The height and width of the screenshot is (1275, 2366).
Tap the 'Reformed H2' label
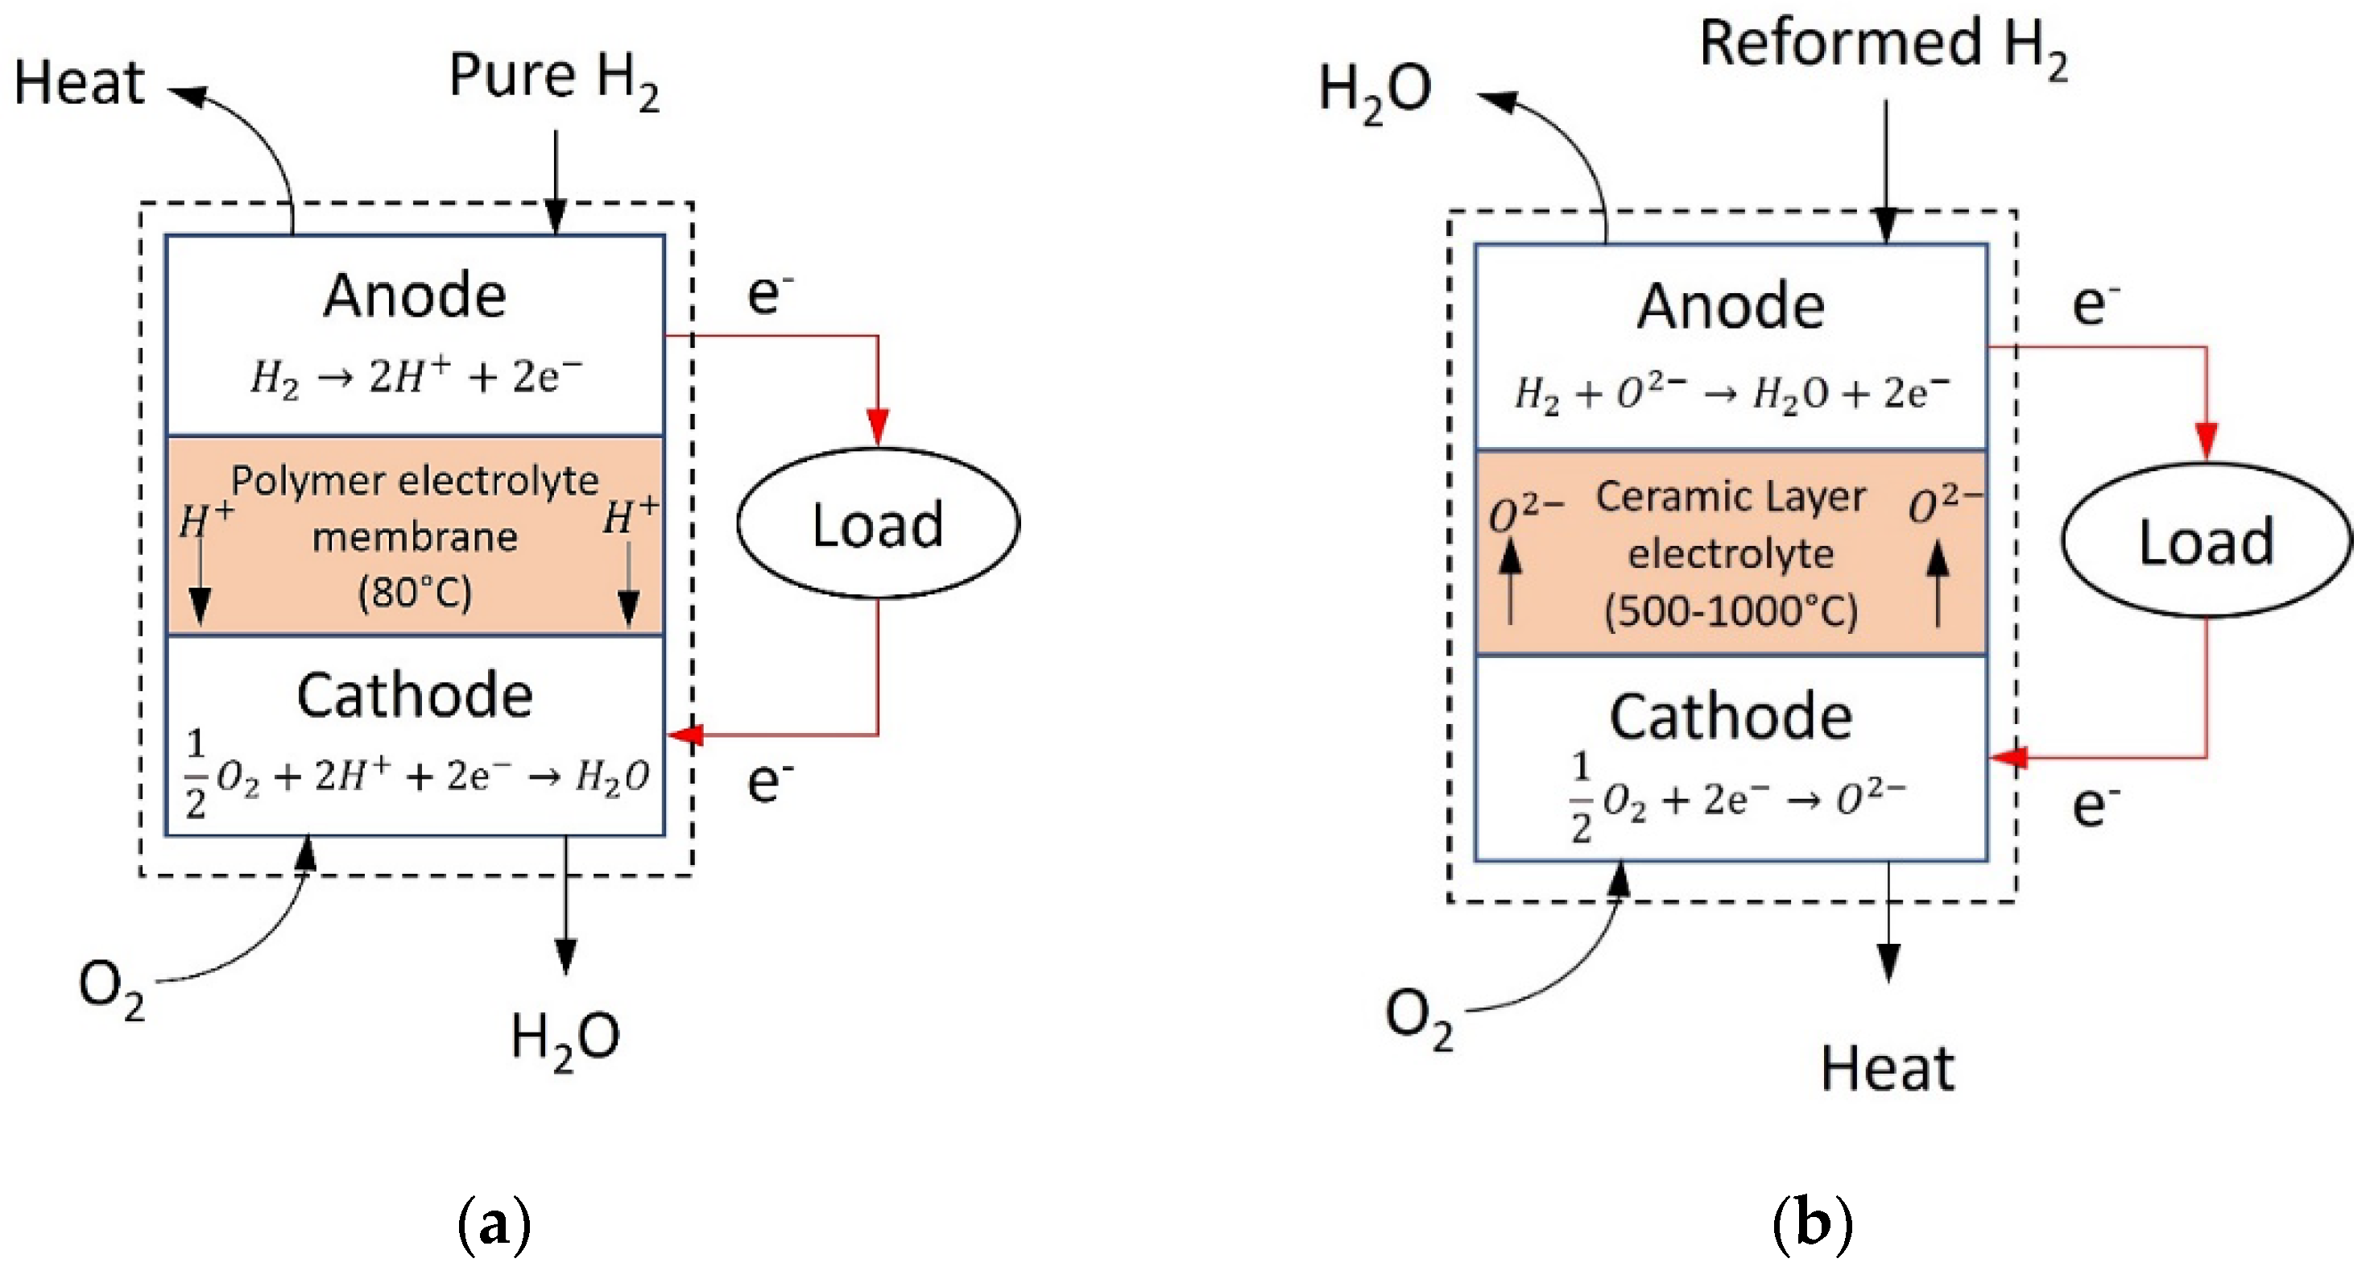[1883, 46]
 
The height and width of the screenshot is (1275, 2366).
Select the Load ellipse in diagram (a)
[877, 524]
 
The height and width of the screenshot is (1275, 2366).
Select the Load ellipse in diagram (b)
[2207, 540]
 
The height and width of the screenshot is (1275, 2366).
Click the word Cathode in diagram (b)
[1731, 718]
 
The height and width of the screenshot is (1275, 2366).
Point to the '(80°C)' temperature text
[416, 593]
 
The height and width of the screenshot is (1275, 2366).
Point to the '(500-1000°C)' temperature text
[1731, 611]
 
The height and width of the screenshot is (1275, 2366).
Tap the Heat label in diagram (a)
[79, 83]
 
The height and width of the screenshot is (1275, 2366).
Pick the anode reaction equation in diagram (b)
[1731, 393]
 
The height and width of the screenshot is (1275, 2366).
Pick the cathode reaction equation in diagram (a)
[416, 776]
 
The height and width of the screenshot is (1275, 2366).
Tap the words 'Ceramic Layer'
[1731, 497]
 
